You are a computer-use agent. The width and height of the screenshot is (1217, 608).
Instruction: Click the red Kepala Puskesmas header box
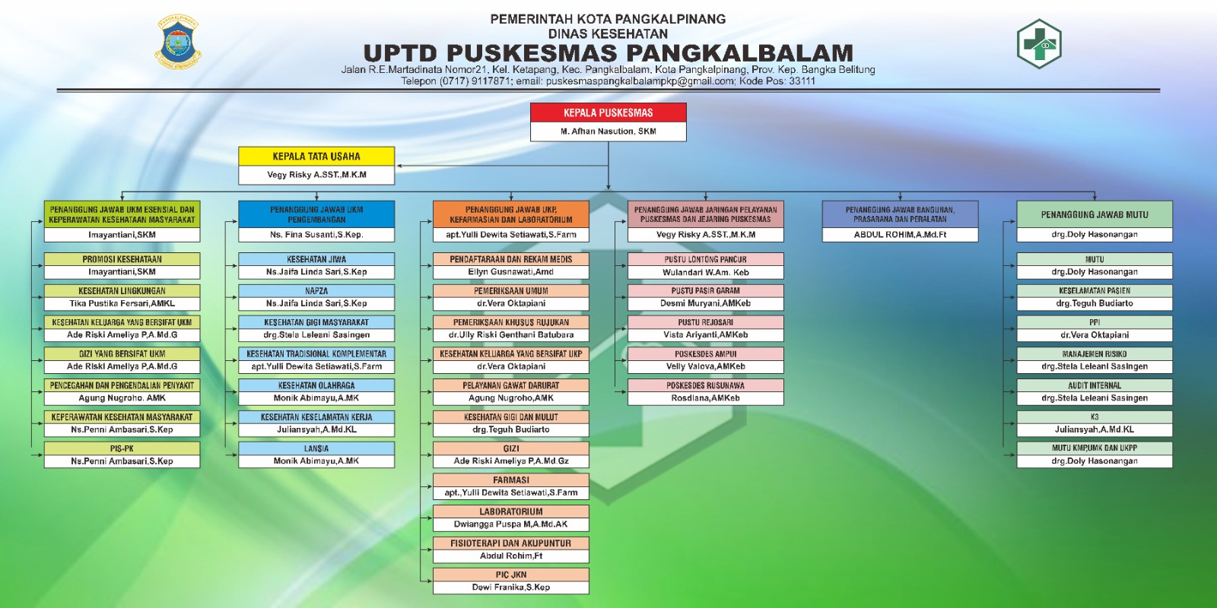pyautogui.click(x=608, y=113)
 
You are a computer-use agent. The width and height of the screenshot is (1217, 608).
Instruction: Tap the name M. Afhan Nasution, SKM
pyautogui.click(x=608, y=131)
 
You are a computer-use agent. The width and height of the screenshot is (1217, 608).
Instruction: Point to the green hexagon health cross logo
pyautogui.click(x=1039, y=43)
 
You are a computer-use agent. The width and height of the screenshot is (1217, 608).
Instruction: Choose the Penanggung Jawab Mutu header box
pyautogui.click(x=1095, y=214)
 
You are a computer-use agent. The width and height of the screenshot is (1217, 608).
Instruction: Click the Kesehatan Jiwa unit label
pyautogui.click(x=316, y=259)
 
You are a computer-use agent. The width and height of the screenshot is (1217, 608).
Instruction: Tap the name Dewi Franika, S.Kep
pyautogui.click(x=510, y=587)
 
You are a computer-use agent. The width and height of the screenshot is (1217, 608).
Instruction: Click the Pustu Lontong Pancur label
pyautogui.click(x=705, y=259)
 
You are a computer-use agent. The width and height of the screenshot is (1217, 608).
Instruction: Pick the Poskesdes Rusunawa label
pyautogui.click(x=705, y=385)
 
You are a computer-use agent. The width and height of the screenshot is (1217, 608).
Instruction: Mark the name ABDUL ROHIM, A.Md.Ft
pyautogui.click(x=900, y=235)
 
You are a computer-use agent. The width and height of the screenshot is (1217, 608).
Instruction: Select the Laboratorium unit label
pyautogui.click(x=510, y=511)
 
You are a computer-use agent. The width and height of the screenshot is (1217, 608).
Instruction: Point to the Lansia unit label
pyautogui.click(x=316, y=448)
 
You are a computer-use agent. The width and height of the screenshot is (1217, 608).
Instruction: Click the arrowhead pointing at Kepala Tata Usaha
pyautogui.click(x=399, y=166)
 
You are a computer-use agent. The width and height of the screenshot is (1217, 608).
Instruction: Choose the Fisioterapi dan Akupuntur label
pyautogui.click(x=510, y=543)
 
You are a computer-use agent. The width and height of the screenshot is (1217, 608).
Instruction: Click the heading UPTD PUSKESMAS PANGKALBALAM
pyautogui.click(x=608, y=53)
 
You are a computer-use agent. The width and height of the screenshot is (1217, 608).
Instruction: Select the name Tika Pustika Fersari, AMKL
pyautogui.click(x=122, y=303)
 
